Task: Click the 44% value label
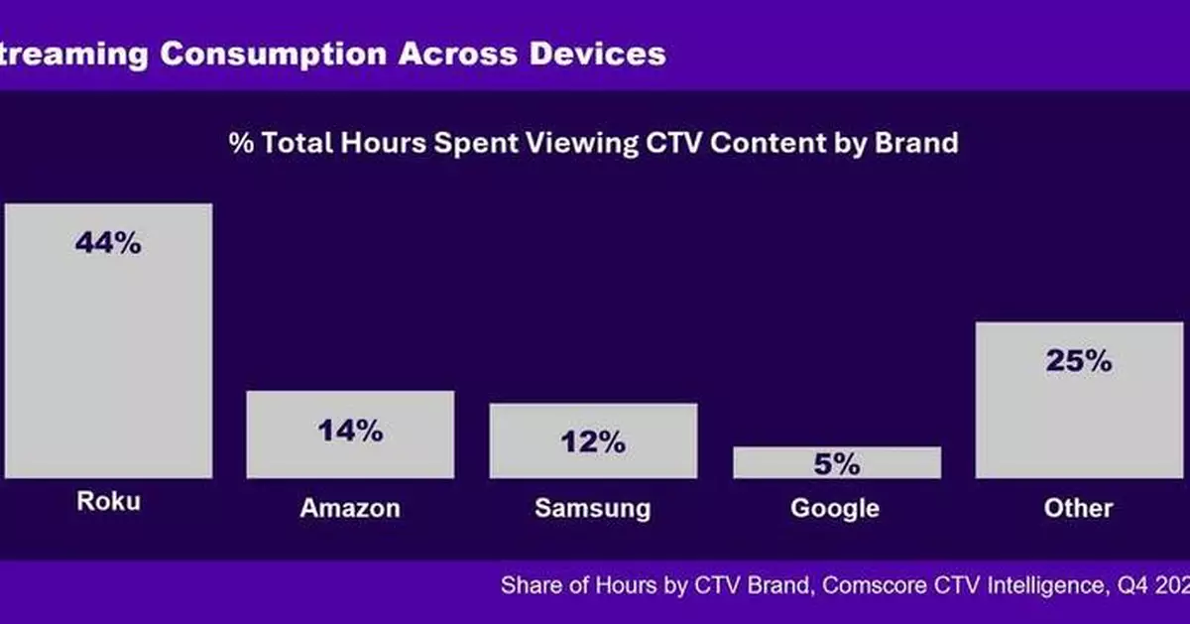point(108,243)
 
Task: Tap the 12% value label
point(593,442)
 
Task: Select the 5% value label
point(836,463)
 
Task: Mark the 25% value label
point(1078,361)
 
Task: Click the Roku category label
point(108,502)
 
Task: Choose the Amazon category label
point(350,509)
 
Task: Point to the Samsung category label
point(593,509)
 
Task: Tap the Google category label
point(835,509)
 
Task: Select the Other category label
point(1078,509)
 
